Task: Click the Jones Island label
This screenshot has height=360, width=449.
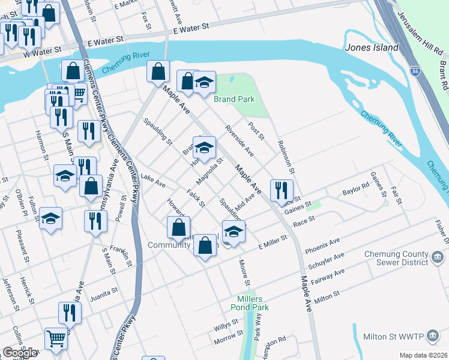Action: coord(372,47)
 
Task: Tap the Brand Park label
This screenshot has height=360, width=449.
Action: coord(234,99)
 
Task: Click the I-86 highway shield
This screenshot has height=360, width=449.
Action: coord(415,71)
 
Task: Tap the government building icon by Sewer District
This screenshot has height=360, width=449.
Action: coord(438,257)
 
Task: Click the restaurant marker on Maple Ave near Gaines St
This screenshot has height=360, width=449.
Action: coord(282,191)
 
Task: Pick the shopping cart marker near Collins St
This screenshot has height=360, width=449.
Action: coord(56,338)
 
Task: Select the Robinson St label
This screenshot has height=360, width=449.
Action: coord(286,154)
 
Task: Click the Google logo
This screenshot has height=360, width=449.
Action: coord(20,353)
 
